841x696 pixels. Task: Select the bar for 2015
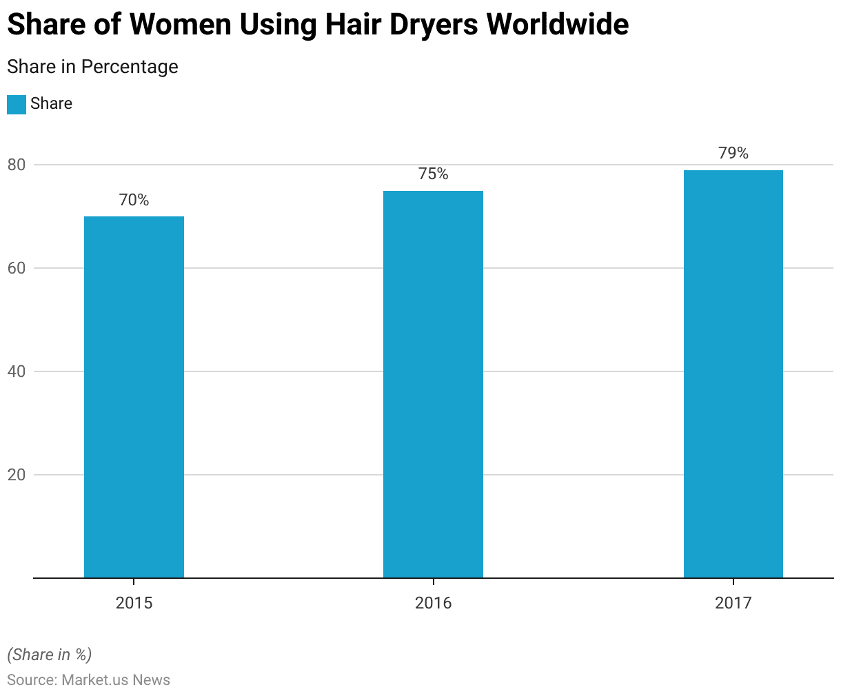[x=134, y=397]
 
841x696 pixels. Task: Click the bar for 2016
[x=433, y=384]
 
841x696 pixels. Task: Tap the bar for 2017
[x=733, y=373]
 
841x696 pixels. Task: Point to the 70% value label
[x=134, y=200]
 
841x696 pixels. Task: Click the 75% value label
[x=433, y=174]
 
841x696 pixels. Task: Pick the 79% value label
[x=733, y=153]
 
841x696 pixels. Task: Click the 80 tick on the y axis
[x=17, y=165]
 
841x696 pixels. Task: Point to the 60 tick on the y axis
[x=17, y=268]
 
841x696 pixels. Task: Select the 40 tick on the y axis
[x=17, y=371]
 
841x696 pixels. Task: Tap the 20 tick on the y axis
[x=17, y=475]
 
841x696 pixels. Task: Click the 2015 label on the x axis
[x=134, y=604]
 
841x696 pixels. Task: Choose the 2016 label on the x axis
[x=433, y=604]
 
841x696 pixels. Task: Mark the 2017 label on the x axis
[x=733, y=604]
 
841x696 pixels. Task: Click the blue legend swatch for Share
[x=17, y=104]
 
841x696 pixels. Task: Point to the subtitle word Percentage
[x=130, y=67]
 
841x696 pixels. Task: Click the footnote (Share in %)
[x=49, y=654]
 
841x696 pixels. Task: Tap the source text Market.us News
[x=116, y=680]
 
